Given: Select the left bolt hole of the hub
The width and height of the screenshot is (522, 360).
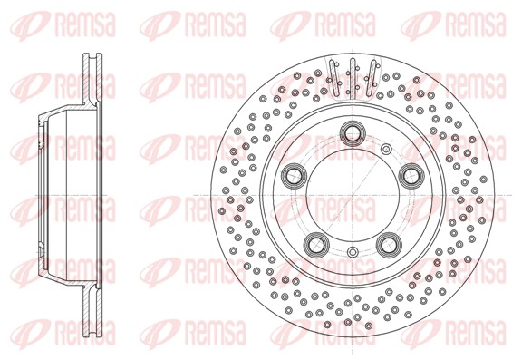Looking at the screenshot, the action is click(294, 176).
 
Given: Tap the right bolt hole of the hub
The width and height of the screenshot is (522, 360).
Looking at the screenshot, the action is click(411, 176).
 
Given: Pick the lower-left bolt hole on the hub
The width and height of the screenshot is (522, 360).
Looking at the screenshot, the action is click(316, 245).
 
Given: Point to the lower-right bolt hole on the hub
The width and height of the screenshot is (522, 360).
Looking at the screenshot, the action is click(389, 245).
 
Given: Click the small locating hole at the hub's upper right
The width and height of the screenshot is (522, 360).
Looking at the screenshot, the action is click(386, 149).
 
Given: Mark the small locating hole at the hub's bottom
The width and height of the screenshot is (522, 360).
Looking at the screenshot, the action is click(353, 252).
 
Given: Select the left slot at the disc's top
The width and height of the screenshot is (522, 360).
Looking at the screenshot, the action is click(333, 77).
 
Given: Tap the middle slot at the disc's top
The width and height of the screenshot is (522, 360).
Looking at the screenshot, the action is click(353, 77).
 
